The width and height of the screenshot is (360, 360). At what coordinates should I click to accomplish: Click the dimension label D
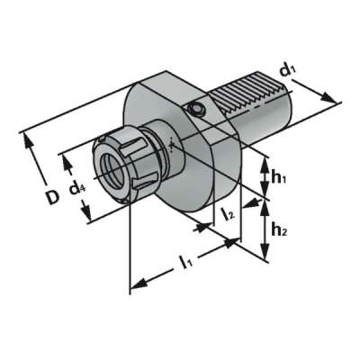54,196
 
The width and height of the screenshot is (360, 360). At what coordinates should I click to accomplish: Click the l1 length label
185,263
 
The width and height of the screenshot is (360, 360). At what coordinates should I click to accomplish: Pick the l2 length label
229,213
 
